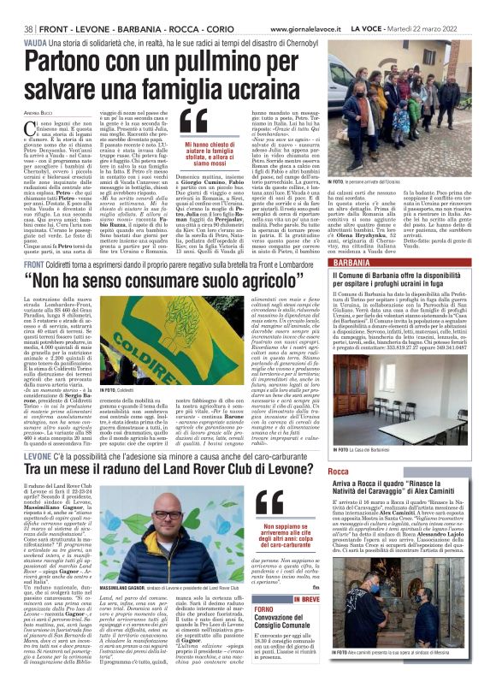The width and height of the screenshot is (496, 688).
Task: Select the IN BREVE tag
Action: coord(304,599)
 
